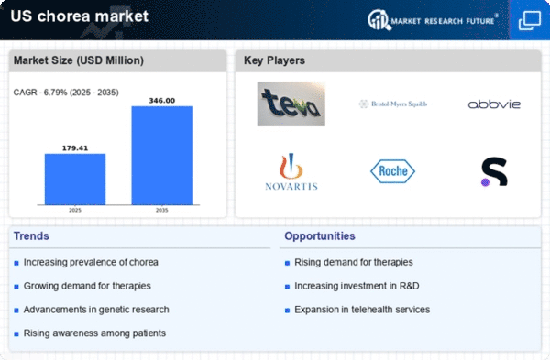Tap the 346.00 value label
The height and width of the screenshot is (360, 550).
162,100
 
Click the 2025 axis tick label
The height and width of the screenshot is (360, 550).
75,209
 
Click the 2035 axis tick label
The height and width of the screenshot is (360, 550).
162,209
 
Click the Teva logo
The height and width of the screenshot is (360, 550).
290,104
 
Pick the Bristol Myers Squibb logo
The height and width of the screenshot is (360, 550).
392,104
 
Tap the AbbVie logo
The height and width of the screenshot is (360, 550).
494,104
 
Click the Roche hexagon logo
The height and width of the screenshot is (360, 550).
392,170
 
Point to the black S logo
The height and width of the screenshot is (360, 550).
494,171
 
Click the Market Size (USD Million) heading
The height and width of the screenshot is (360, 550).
78,60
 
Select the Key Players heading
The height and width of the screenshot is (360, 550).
274,60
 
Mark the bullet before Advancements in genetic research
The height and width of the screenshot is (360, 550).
16,310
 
